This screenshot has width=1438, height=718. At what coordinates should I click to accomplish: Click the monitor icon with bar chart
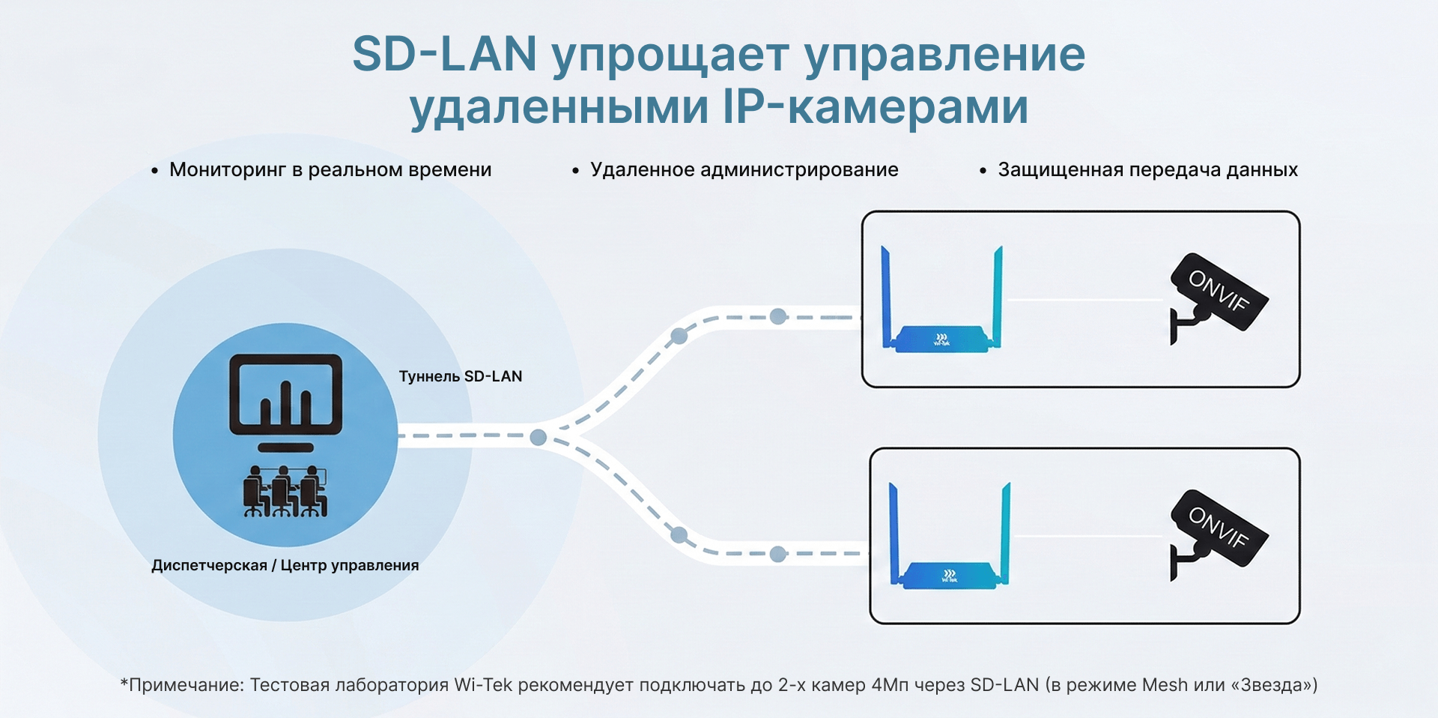[x=285, y=402]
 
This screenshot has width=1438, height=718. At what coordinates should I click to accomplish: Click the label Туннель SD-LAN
[x=461, y=376]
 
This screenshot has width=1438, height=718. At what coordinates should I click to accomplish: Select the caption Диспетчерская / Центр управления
[x=285, y=565]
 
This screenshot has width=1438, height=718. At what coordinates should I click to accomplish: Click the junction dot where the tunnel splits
[x=538, y=437]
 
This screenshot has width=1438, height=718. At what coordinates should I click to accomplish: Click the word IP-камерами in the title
[x=876, y=106]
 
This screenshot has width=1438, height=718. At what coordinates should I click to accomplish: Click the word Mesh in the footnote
[x=1165, y=685]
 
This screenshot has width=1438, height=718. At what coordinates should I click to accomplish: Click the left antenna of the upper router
[x=888, y=296]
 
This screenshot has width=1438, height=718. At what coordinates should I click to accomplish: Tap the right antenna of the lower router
[x=1004, y=533]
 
